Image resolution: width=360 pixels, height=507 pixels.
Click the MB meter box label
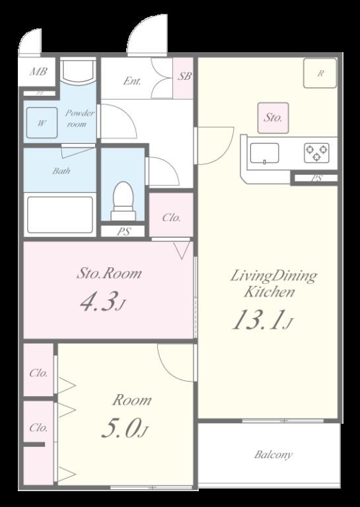[38, 71]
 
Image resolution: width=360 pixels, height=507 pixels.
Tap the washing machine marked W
[42, 123]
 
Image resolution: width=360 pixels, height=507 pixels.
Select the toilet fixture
[124, 201]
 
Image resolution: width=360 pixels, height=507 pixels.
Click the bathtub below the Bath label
[60, 215]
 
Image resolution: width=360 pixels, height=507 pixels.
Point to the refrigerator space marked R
[320, 73]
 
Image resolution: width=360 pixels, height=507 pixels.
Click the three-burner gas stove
[316, 153]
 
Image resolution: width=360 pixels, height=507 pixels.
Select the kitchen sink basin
[264, 153]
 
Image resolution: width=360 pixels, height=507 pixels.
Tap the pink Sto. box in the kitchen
[273, 118]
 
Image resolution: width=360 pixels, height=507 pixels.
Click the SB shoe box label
[184, 77]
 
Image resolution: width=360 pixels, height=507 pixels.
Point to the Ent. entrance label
[132, 81]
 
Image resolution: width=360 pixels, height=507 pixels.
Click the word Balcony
[273, 455]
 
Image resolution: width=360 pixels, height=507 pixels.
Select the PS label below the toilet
[124, 232]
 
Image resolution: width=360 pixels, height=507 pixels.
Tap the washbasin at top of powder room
[78, 71]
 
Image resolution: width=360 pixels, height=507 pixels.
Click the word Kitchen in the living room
[269, 292]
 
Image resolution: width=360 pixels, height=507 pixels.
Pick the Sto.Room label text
[109, 273]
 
